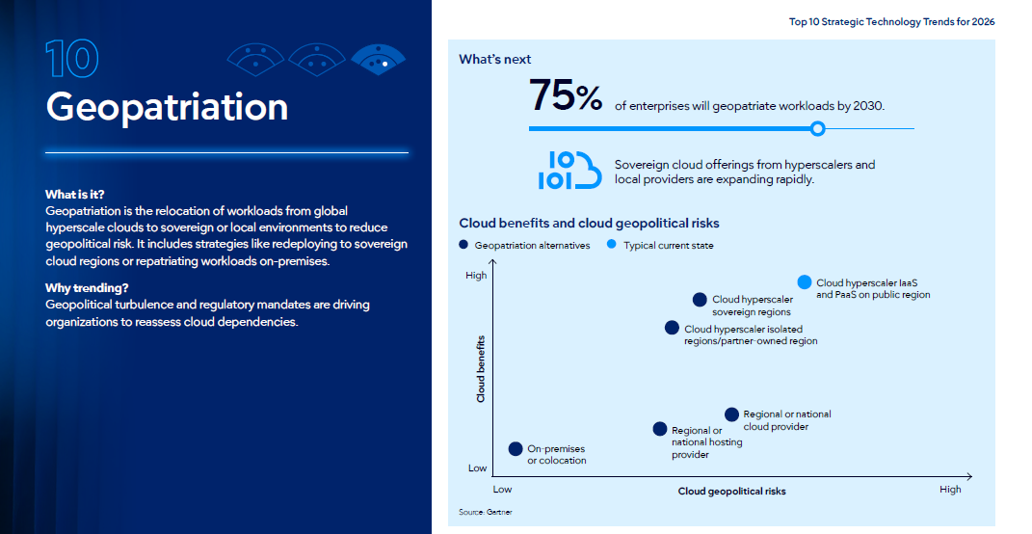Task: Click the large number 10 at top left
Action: coord(72,59)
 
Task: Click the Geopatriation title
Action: coord(167,108)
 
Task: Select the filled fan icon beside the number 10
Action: coord(379,59)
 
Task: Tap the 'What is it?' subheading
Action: coord(75,195)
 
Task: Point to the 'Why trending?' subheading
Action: coord(87,288)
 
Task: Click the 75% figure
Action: coord(566,95)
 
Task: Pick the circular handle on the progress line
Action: coord(817,128)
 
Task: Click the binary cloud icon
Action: coord(569,170)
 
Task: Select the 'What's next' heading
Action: coord(495,59)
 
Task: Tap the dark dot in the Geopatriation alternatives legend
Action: coord(463,244)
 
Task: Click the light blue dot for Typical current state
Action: coord(612,244)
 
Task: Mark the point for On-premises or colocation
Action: coord(516,449)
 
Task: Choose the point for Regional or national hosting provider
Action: coord(660,429)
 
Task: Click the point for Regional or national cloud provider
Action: coord(732,414)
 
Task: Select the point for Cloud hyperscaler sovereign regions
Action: coord(700,300)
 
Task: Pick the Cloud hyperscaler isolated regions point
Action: coord(672,328)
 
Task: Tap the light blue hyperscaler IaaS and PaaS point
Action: coord(805,281)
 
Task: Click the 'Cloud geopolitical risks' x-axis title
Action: coord(732,492)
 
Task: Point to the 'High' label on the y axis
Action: coord(476,276)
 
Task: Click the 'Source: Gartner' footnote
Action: coord(485,512)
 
